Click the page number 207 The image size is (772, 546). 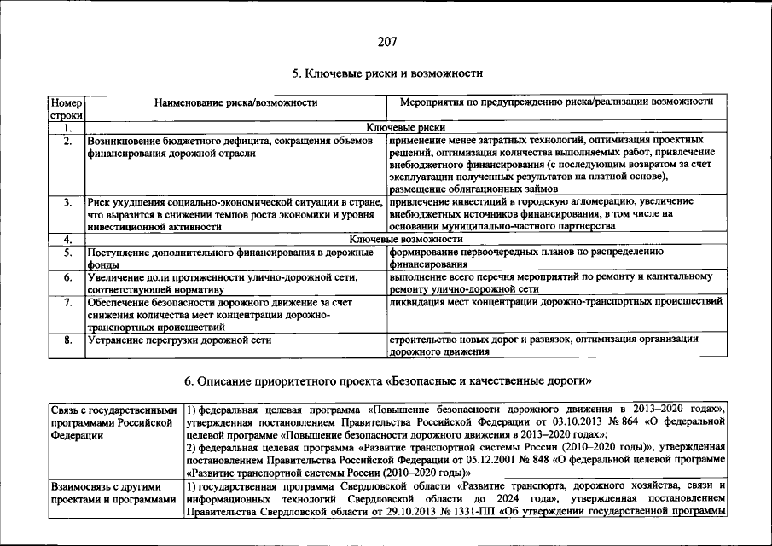point(386,41)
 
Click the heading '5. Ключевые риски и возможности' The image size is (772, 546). point(386,73)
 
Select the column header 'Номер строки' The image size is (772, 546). point(66,108)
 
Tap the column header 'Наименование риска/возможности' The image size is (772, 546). point(235,102)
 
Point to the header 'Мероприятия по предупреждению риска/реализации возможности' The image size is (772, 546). point(556,102)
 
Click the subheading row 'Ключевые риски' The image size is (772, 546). point(405,127)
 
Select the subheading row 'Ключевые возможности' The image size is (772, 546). point(405,240)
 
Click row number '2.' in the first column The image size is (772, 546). point(67,140)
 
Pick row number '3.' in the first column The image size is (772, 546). point(67,202)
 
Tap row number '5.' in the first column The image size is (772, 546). point(67,253)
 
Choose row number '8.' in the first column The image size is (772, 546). point(67,340)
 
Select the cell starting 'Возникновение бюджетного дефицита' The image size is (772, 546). point(230,146)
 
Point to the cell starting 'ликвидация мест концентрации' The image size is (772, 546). point(555,302)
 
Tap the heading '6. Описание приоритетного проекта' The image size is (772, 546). point(386,379)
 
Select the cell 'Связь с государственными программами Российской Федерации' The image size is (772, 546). point(115,421)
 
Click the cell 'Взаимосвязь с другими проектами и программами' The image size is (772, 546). point(115,492)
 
